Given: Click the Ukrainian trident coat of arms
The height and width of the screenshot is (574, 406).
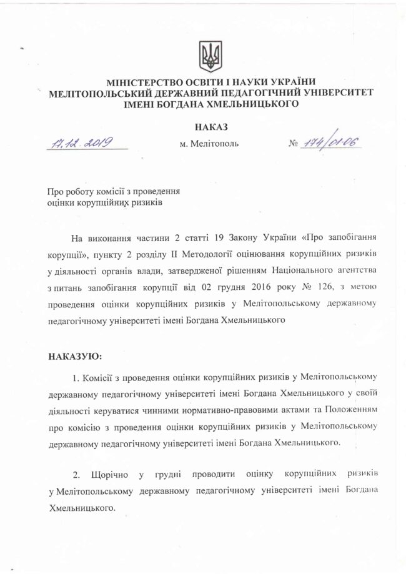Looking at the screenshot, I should pos(209,56).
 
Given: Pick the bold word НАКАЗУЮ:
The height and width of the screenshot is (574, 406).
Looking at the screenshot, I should pos(74,356).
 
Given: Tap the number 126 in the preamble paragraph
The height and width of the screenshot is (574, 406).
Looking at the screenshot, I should pos(333,288).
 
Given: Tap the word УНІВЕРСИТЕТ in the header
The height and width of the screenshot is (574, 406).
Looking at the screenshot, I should pos(339,94).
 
